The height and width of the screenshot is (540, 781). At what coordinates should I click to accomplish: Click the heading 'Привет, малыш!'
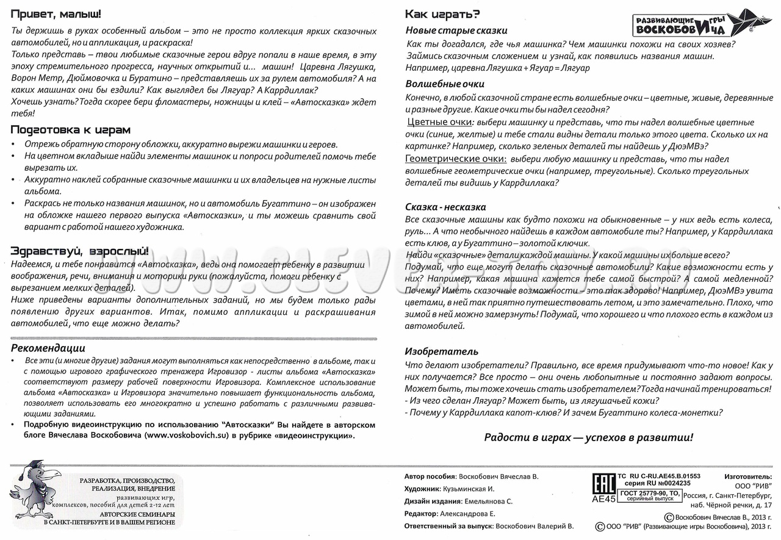56,14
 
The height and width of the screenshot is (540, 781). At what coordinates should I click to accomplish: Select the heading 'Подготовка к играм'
71,130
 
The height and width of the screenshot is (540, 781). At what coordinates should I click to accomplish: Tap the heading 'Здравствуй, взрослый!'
79,251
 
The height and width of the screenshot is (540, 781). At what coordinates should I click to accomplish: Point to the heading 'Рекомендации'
49,348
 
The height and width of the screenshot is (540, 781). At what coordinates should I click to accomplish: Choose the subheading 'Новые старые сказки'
456,31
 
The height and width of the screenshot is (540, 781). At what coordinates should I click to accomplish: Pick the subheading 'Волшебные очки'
445,84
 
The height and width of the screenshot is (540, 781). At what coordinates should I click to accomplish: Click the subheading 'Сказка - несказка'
445,207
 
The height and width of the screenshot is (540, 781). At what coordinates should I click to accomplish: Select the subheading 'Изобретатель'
442,351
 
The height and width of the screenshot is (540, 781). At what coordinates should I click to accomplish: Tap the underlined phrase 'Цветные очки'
439,122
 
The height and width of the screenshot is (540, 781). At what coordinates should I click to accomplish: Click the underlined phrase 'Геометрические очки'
456,159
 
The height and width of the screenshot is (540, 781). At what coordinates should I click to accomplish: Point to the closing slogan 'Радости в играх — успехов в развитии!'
589,437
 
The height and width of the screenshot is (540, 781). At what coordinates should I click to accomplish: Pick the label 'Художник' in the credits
422,489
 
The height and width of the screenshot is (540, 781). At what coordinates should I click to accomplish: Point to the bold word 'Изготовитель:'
748,477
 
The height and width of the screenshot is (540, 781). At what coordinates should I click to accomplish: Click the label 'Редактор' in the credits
421,513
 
